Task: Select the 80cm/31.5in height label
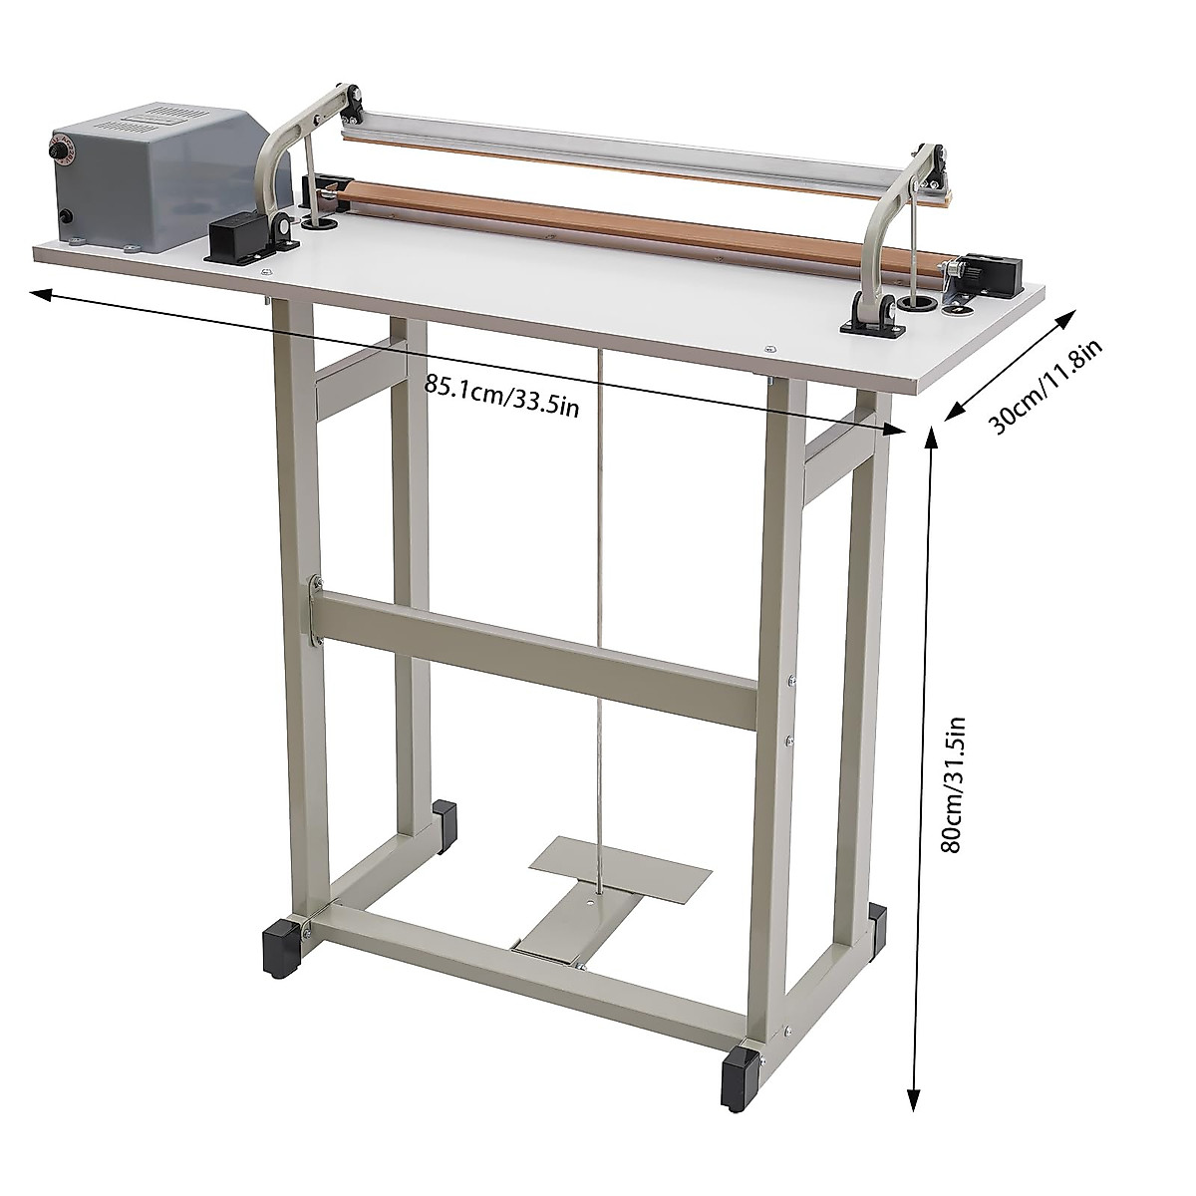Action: (956, 785)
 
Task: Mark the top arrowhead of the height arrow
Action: (929, 436)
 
